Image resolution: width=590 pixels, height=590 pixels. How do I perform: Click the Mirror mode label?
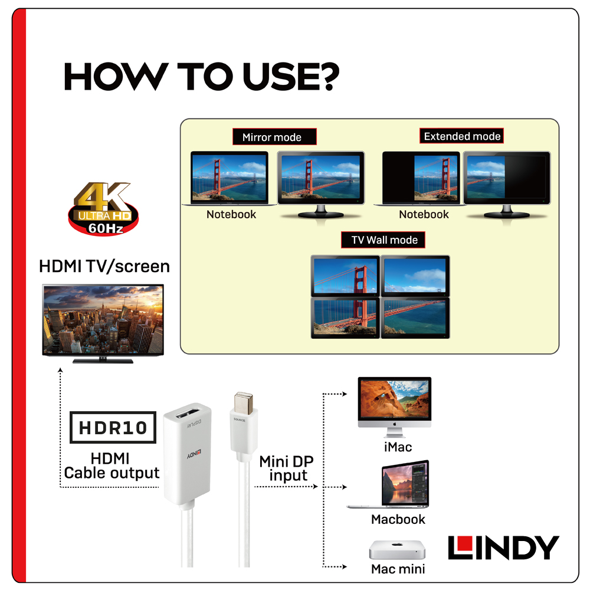(274, 137)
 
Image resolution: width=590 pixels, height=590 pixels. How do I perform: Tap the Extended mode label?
(462, 136)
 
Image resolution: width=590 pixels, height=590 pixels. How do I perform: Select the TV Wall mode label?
(383, 240)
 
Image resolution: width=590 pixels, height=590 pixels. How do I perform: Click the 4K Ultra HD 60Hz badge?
(103, 208)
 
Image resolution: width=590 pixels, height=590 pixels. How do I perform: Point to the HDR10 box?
(113, 427)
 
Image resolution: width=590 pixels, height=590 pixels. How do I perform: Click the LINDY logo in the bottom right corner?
(503, 548)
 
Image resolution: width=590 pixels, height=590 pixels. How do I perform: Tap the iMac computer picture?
(395, 407)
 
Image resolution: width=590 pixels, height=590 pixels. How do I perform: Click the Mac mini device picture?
(397, 550)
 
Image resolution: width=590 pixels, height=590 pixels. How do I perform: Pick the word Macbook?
(398, 519)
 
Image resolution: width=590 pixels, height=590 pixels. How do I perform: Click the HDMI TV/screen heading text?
(104, 267)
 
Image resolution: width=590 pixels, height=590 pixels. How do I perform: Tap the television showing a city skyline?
(103, 323)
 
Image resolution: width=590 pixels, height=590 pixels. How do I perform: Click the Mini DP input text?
(287, 468)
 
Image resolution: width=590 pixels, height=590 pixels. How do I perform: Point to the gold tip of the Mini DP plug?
(243, 402)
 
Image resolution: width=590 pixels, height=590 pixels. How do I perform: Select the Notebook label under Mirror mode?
(231, 214)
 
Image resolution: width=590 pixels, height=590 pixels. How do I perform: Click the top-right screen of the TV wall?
(415, 276)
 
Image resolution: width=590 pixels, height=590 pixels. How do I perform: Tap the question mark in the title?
(327, 76)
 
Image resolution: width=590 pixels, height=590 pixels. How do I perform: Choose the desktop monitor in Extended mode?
(506, 184)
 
